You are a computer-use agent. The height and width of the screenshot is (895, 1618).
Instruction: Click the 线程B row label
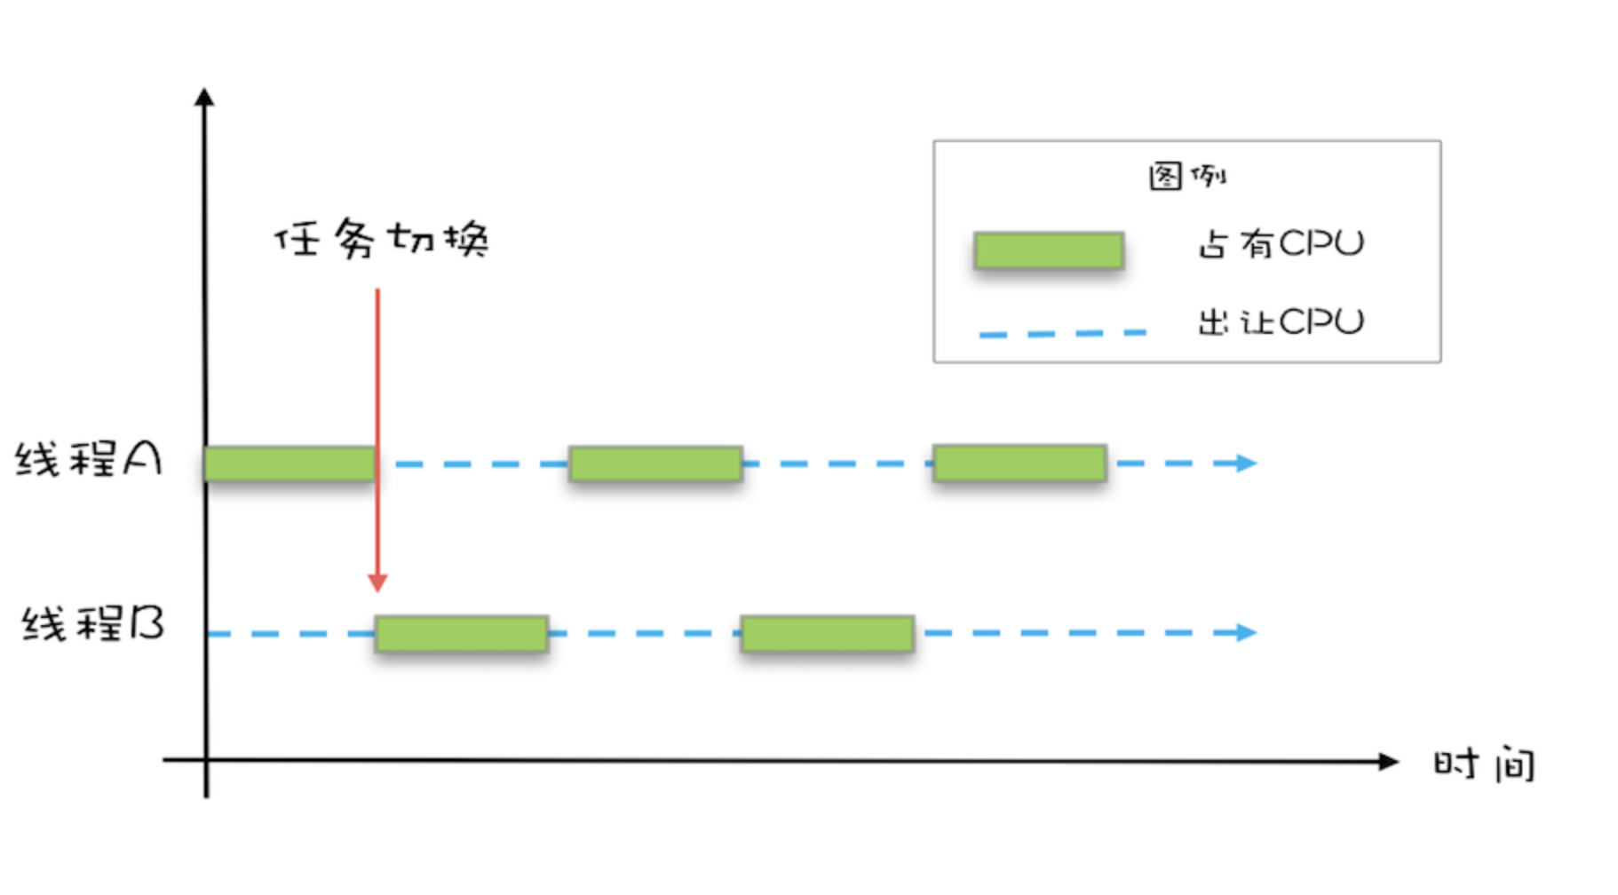(93, 624)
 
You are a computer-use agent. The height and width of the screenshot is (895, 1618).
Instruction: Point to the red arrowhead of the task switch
(377, 582)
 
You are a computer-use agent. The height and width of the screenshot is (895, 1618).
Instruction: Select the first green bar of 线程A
(289, 463)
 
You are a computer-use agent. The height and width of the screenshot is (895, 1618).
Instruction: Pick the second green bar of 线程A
(655, 463)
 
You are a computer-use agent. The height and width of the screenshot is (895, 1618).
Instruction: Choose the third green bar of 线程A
(1019, 463)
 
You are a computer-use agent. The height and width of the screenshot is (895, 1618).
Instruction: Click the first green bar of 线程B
(461, 634)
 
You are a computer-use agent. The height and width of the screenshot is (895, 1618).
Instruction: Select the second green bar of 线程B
(827, 634)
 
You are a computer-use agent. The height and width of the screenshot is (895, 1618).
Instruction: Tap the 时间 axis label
(1484, 764)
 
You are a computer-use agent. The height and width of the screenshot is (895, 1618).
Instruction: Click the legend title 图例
(1186, 176)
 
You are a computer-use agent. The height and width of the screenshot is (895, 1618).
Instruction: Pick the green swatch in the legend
(1049, 250)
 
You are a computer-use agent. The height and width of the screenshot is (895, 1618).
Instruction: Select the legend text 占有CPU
(1281, 243)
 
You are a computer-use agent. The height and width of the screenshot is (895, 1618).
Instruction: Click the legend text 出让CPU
(1281, 321)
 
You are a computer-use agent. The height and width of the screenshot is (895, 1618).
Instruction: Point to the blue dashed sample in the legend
(1062, 334)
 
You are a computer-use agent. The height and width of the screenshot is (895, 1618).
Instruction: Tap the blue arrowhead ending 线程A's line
(1248, 463)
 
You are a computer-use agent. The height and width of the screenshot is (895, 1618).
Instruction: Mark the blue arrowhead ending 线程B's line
(1248, 632)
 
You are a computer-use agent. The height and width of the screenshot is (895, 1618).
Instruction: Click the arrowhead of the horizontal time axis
(1388, 761)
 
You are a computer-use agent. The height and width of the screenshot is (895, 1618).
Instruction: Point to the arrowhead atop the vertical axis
(204, 97)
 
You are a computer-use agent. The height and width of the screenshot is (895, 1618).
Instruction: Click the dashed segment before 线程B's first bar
(289, 634)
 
